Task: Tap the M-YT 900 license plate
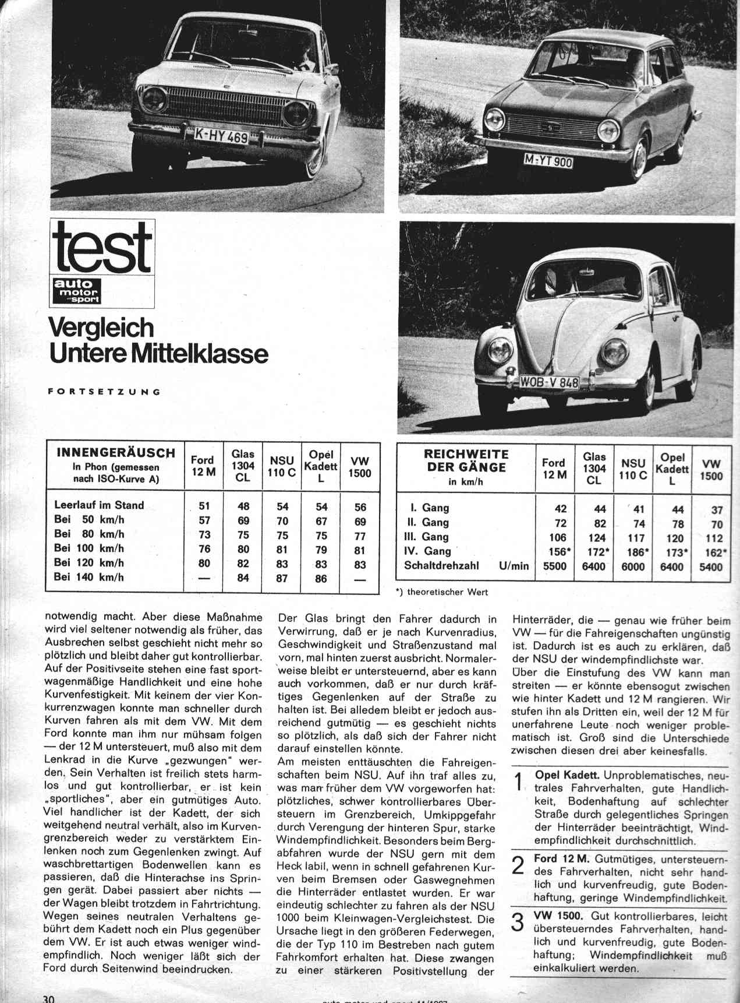tap(549, 161)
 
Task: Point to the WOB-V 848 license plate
tap(550, 382)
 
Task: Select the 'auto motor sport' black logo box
tap(76, 291)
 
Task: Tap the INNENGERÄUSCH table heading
tap(116, 453)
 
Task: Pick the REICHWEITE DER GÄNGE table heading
tap(466, 460)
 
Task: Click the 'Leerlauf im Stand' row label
tap(99, 505)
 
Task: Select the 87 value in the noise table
tap(282, 579)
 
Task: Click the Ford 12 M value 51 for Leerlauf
tap(204, 506)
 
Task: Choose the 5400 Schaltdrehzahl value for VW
tap(709, 567)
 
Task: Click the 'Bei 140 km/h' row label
tap(89, 578)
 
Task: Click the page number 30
tap(48, 998)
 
